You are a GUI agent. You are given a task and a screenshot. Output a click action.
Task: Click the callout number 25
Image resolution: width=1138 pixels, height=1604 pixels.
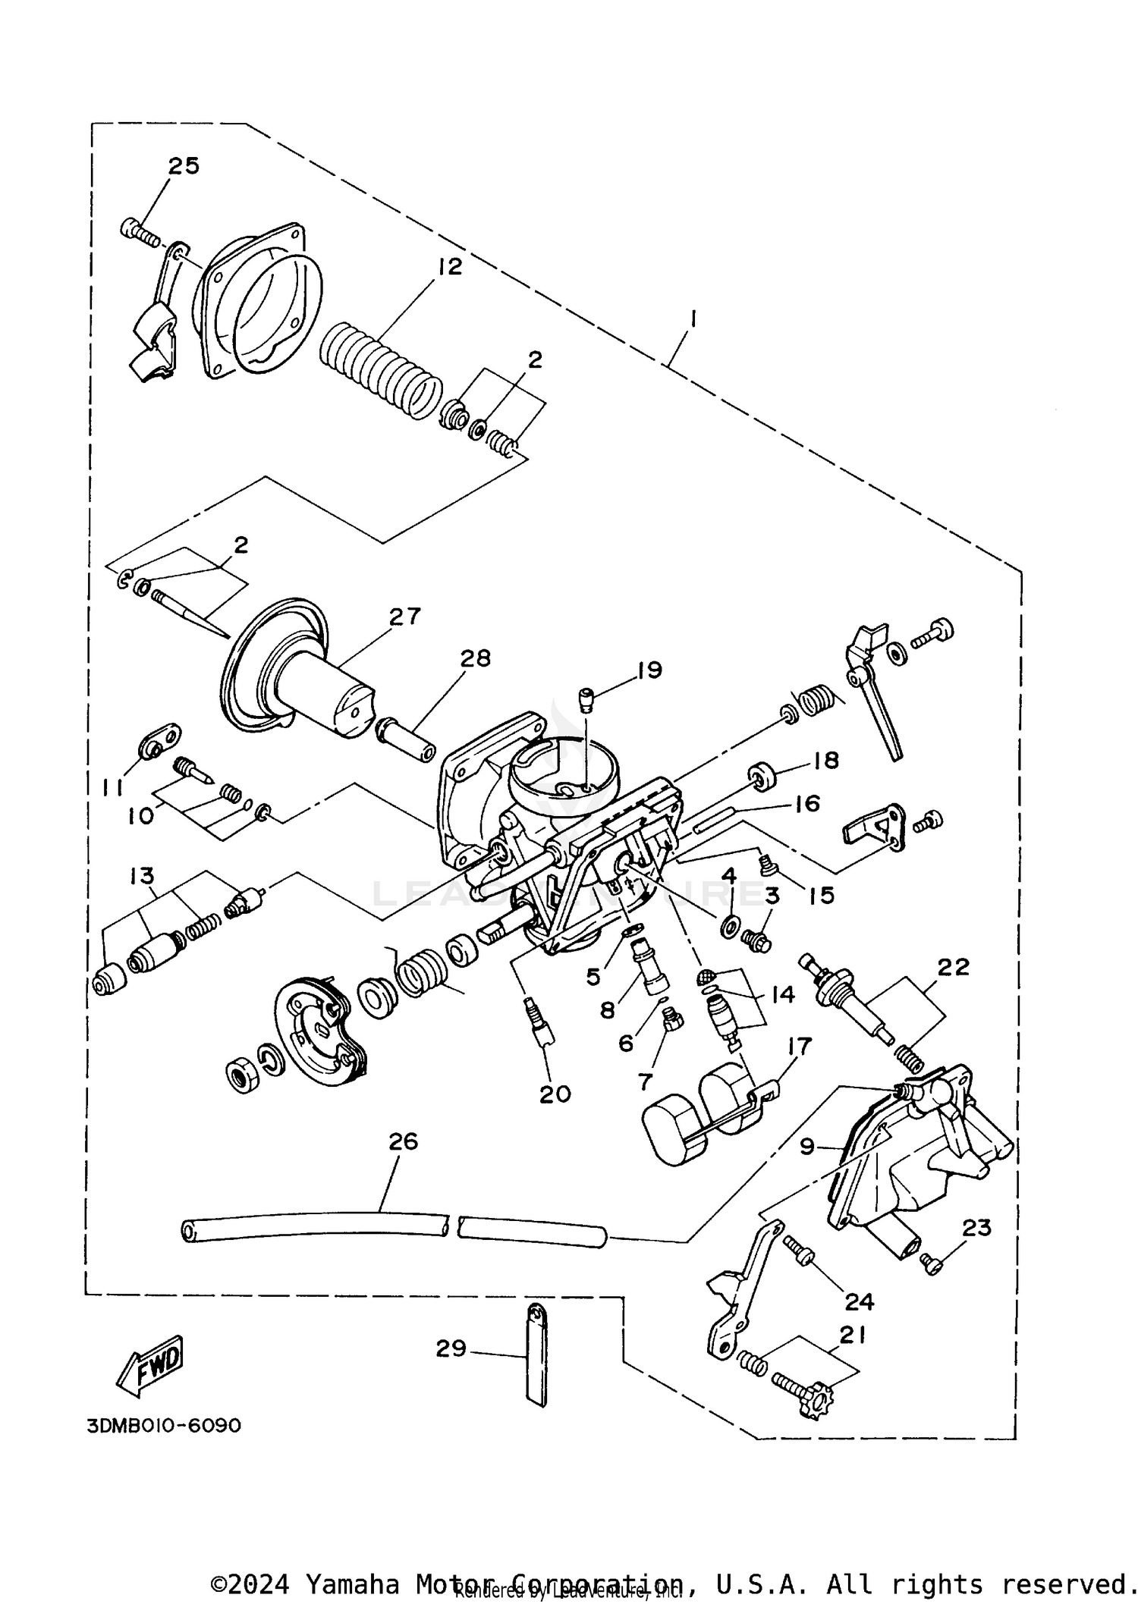click(183, 165)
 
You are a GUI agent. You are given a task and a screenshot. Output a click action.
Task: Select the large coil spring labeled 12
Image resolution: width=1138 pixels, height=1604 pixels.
click(379, 369)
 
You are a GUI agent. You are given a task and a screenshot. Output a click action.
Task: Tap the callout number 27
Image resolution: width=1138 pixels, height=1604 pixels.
click(404, 616)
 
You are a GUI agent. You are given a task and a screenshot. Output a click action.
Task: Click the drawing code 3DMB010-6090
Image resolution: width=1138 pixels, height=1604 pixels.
click(164, 1426)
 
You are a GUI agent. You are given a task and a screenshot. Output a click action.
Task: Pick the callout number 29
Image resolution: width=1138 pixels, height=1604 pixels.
click(451, 1348)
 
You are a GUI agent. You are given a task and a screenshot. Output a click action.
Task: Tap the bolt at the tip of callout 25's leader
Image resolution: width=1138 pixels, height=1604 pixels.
click(138, 231)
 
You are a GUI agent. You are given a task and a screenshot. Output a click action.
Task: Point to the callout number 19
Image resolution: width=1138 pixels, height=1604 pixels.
click(649, 670)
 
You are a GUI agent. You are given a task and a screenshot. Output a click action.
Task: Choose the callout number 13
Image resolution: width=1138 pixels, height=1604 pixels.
click(142, 876)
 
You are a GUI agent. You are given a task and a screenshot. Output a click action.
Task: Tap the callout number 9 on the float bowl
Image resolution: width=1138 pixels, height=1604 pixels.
click(807, 1145)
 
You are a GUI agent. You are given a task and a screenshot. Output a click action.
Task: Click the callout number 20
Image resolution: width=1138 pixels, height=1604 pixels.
click(555, 1093)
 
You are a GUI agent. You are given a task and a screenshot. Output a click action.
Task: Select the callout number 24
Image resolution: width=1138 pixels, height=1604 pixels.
click(859, 1301)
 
